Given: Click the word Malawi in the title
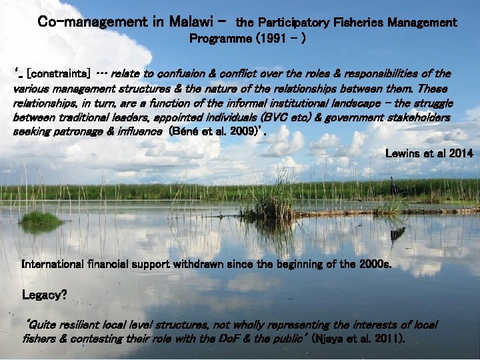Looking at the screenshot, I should [191, 22].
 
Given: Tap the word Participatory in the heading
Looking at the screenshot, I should [293, 23].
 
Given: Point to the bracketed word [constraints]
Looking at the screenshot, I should [56, 73].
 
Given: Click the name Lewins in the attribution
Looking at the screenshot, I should [403, 153].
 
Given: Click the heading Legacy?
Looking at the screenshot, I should [45, 294].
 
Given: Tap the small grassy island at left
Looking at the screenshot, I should [41, 220].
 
